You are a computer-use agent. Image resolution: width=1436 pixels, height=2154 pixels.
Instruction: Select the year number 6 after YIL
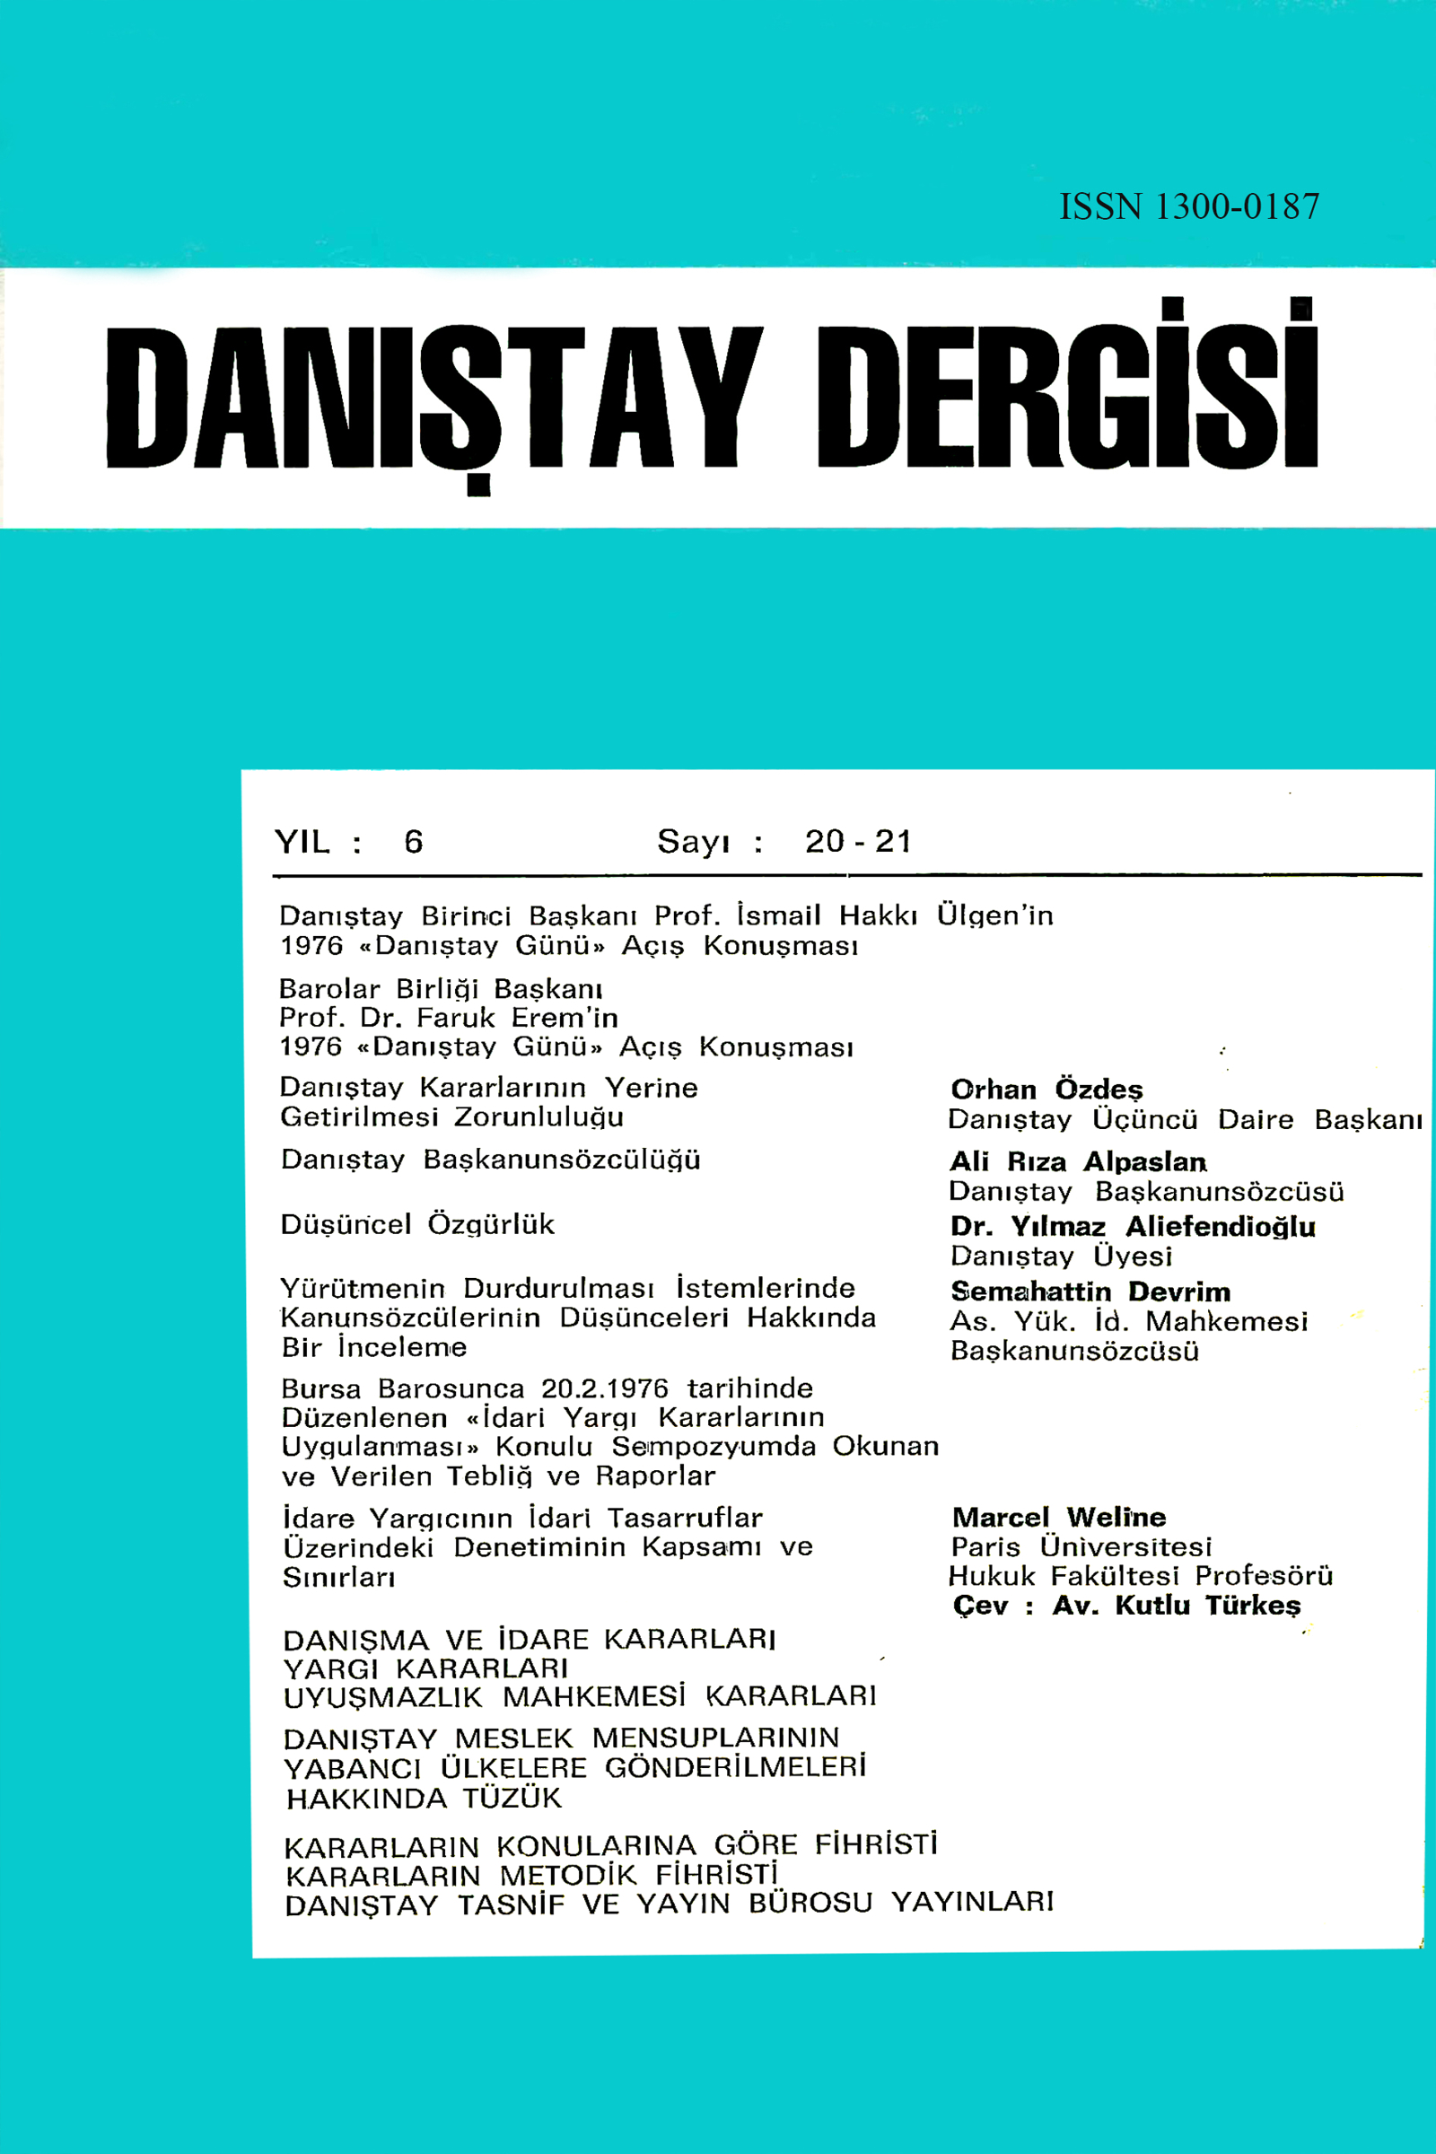coord(414,842)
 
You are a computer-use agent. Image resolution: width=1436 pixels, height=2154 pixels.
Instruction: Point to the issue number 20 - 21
coord(858,841)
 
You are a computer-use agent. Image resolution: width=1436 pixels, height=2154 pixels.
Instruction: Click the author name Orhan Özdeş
coord(1046,1089)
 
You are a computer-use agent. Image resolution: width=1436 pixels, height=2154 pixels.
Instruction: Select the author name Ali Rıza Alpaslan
coord(1078,1161)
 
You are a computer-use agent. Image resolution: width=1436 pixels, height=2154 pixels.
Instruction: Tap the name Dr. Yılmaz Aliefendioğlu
coord(1133,1225)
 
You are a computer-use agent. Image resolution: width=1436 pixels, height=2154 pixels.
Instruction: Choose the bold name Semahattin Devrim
coord(1090,1292)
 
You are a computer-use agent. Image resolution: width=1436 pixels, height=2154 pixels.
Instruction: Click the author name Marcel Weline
coord(1059,1518)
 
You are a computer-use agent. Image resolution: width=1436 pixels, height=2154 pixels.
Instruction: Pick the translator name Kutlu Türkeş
coord(1207,1605)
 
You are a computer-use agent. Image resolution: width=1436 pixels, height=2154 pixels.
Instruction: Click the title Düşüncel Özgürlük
coord(417,1224)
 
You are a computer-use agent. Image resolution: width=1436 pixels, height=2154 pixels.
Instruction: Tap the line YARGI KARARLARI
coord(425,1668)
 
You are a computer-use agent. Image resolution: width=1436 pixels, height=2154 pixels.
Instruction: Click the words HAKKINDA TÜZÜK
coord(424,1799)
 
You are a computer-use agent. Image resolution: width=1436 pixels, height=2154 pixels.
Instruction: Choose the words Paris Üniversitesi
coord(1081,1546)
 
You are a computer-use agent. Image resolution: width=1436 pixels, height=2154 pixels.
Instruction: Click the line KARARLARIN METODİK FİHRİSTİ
coord(531,1876)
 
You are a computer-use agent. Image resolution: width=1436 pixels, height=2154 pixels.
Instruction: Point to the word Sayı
coord(693,842)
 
